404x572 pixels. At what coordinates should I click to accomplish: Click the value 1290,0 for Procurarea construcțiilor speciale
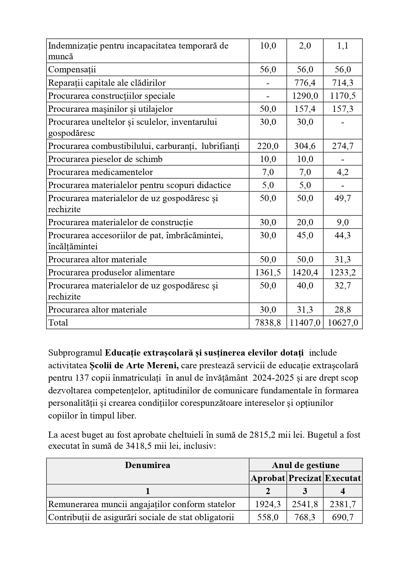(305, 96)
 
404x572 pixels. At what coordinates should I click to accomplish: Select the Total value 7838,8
(268, 323)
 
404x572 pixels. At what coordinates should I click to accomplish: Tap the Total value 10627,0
(342, 323)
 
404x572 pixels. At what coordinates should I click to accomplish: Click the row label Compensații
(72, 69)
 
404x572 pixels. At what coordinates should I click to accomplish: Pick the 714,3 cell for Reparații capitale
(342, 83)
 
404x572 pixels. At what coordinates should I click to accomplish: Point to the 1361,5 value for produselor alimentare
(268, 272)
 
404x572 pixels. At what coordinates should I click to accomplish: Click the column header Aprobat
(268, 478)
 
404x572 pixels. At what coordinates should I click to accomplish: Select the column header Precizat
(305, 478)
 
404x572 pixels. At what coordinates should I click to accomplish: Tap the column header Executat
(342, 478)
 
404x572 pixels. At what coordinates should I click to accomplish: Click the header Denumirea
(147, 465)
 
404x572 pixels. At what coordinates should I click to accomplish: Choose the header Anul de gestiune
(305, 465)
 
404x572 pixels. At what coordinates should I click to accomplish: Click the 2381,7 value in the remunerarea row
(342, 504)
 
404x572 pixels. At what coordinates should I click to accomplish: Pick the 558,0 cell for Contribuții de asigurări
(268, 517)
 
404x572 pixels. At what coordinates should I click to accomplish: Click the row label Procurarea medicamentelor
(100, 172)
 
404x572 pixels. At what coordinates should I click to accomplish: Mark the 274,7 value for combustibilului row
(342, 146)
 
